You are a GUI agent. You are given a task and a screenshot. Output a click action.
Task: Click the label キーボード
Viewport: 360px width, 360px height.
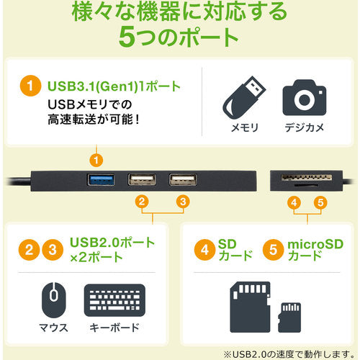coord(114,329)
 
